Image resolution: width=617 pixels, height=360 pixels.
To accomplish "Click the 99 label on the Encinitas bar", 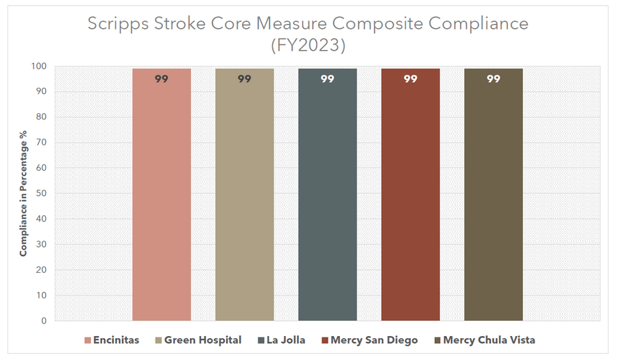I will pyautogui.click(x=161, y=79).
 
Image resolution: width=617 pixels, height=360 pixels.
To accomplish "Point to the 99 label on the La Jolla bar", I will pyautogui.click(x=327, y=79).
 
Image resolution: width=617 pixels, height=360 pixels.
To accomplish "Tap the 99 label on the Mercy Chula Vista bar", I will pyautogui.click(x=493, y=79).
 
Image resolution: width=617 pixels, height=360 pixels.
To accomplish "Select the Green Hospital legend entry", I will pyautogui.click(x=199, y=340).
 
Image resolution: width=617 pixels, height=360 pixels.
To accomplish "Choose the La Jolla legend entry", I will pyautogui.click(x=281, y=340).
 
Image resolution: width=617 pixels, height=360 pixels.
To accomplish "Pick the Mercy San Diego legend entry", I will pyautogui.click(x=374, y=340).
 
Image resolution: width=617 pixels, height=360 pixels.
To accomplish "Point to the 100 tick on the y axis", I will pyautogui.click(x=38, y=67).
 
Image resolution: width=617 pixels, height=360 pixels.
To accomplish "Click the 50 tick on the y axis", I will pyautogui.click(x=41, y=193).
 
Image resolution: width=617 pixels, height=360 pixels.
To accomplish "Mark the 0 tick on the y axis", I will pyautogui.click(x=43, y=321).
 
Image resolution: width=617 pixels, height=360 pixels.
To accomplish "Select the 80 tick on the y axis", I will pyautogui.click(x=41, y=117).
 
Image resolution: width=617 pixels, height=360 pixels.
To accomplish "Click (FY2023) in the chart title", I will pyautogui.click(x=308, y=46).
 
